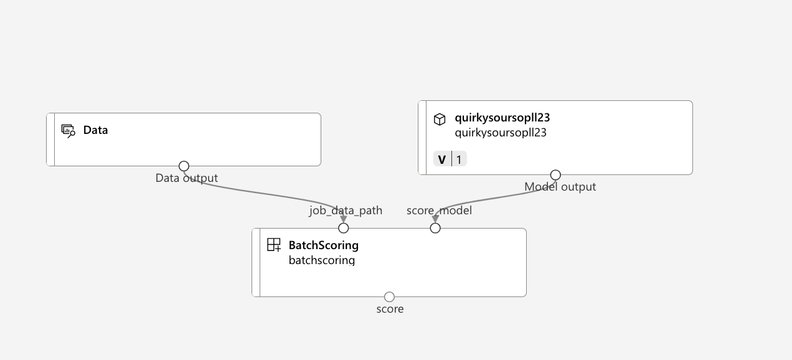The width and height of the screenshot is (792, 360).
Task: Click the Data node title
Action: pyautogui.click(x=95, y=130)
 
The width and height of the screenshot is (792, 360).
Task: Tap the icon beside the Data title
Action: pyautogui.click(x=68, y=130)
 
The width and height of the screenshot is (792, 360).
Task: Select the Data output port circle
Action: pyautogui.click(x=184, y=166)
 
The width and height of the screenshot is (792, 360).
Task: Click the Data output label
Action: pyautogui.click(x=186, y=178)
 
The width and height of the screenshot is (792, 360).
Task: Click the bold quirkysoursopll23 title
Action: pyautogui.click(x=502, y=118)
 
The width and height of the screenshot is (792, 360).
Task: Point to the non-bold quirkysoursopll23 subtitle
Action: pyautogui.click(x=500, y=132)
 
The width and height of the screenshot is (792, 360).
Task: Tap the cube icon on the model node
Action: pyautogui.click(x=440, y=119)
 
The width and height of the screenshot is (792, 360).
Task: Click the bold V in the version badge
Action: pyautogui.click(x=442, y=159)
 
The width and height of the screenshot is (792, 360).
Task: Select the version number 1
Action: pyautogui.click(x=459, y=159)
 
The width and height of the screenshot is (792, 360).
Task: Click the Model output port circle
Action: pyautogui.click(x=555, y=175)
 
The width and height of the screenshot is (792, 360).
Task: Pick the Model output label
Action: pyautogui.click(x=560, y=187)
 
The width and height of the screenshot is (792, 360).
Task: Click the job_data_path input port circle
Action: pyautogui.click(x=343, y=228)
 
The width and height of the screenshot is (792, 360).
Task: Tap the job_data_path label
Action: pyautogui.click(x=346, y=211)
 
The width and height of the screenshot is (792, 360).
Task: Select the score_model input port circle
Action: pyautogui.click(x=435, y=228)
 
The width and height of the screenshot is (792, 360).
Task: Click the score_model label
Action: pyautogui.click(x=439, y=211)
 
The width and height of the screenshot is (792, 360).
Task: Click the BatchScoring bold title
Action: pyautogui.click(x=323, y=245)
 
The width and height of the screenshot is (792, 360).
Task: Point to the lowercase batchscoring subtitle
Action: pyautogui.click(x=321, y=260)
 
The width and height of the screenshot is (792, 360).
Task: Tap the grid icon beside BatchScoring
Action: pyautogui.click(x=274, y=245)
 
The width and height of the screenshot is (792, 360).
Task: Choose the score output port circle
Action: pyautogui.click(x=389, y=296)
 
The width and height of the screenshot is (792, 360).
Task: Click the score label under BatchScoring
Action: pyautogui.click(x=390, y=309)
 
